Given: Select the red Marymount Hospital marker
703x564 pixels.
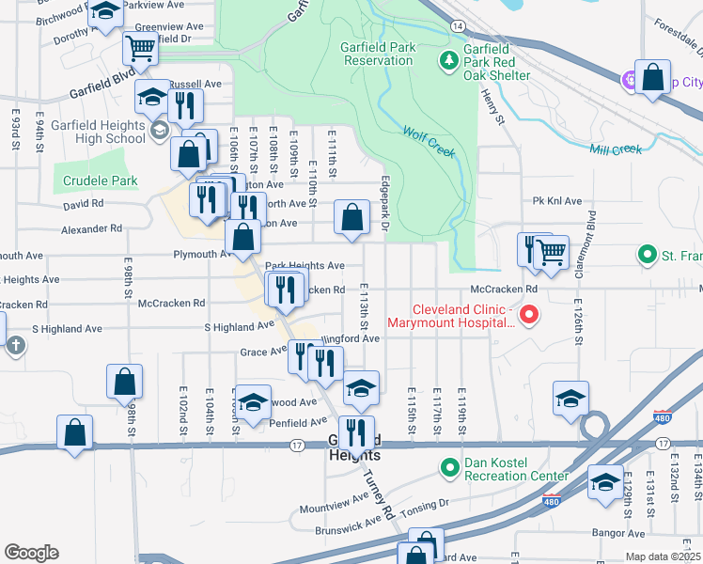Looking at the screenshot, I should click(x=527, y=315).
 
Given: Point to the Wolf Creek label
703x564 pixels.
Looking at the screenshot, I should click(x=429, y=141).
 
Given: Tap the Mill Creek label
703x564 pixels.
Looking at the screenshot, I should click(x=616, y=149).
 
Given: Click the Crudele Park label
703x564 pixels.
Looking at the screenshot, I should click(x=101, y=181).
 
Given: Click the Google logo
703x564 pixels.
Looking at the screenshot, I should click(x=31, y=553).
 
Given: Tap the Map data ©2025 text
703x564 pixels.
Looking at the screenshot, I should click(x=663, y=556).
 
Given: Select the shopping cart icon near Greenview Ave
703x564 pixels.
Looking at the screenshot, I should click(x=140, y=49).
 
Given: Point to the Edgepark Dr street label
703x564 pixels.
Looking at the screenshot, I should click(x=384, y=204).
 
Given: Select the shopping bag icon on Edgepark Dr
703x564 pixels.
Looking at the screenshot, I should click(x=351, y=218).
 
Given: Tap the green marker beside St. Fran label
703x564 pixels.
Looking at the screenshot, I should click(x=647, y=255).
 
